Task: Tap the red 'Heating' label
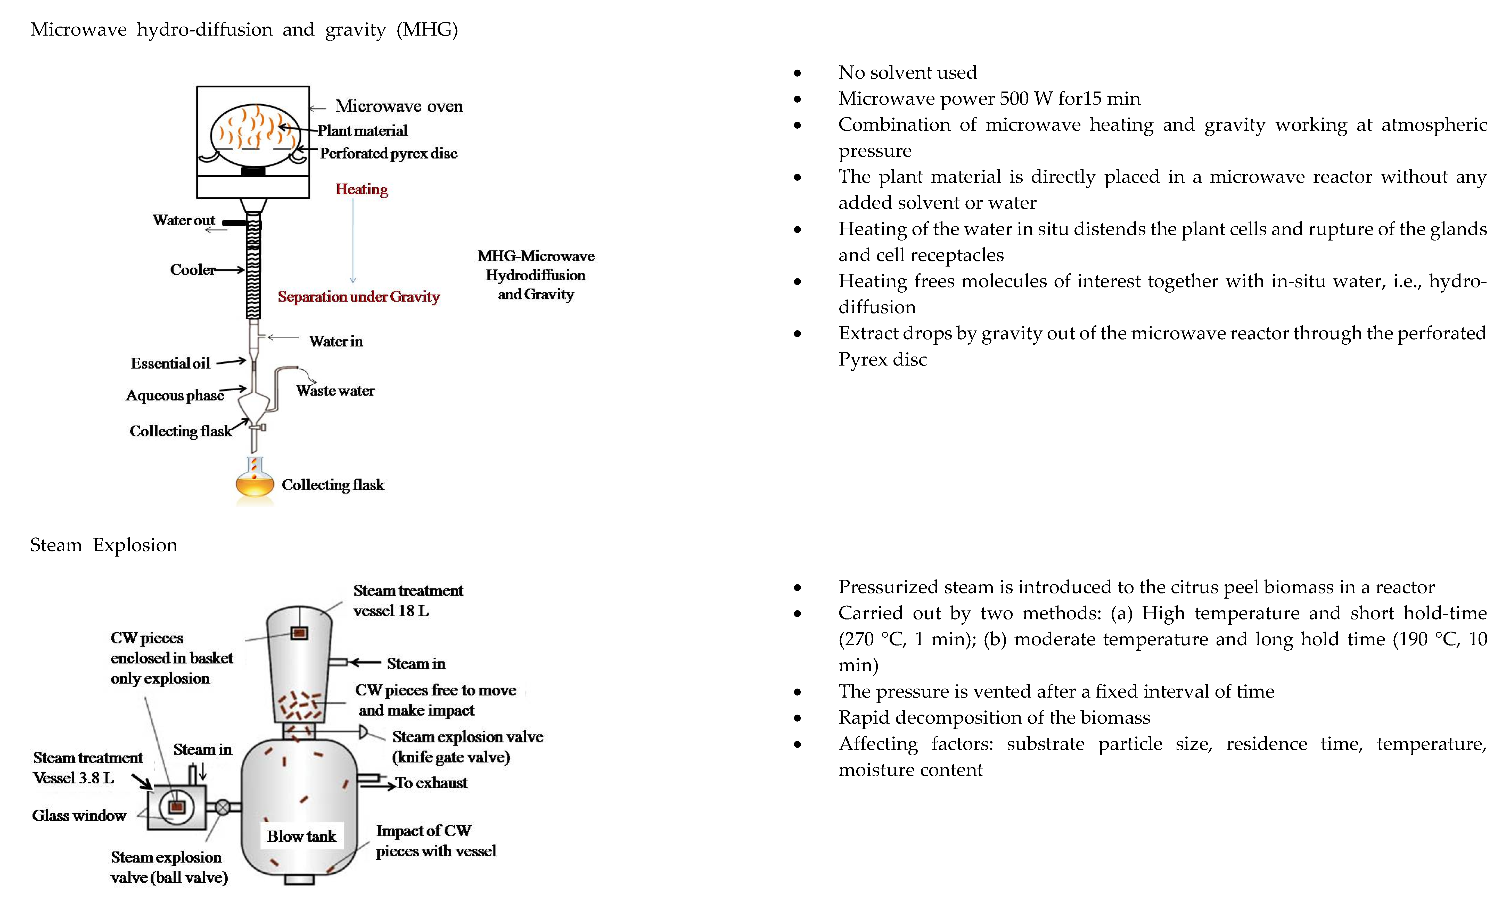coord(362,189)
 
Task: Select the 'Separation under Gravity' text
coord(358,297)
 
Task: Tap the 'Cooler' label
coord(192,270)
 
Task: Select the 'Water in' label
coord(336,341)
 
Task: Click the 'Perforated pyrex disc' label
coord(389,153)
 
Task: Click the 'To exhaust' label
coord(431,783)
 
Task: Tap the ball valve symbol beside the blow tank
coord(223,808)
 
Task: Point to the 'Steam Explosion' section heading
coord(104,545)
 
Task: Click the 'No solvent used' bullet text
coord(907,72)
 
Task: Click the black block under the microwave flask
coord(253,172)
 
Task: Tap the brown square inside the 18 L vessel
coord(299,633)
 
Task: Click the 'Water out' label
coord(184,220)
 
